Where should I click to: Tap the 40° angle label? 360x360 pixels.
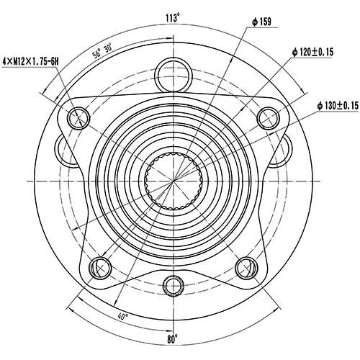[x=123, y=315]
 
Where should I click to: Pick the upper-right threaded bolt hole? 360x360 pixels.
[x=267, y=116]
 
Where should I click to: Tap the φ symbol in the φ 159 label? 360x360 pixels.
[x=256, y=22]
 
